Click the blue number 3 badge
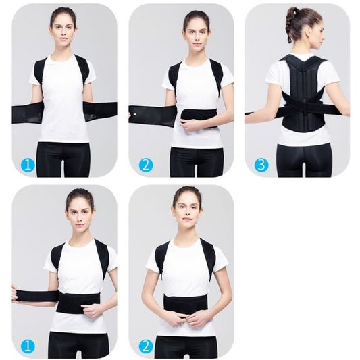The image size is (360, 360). tap(261, 165)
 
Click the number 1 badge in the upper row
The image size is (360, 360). tap(27, 164)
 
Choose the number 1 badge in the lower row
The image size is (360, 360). tap(27, 346)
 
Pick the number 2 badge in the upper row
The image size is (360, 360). tap(145, 165)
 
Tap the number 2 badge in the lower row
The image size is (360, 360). tap(145, 346)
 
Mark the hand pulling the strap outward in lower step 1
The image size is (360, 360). tap(15, 295)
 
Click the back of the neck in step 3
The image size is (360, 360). tap(302, 49)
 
